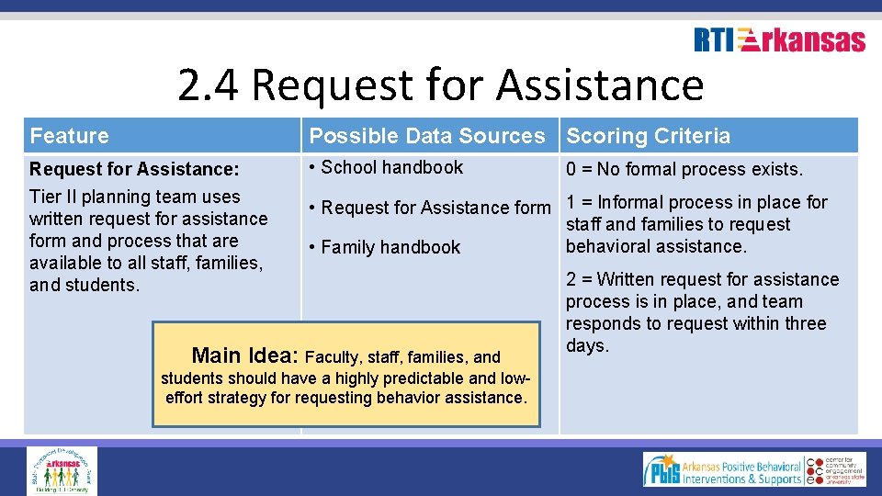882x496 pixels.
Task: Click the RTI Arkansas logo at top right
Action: [779, 40]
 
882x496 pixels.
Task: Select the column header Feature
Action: [69, 136]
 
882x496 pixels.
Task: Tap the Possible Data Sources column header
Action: [427, 136]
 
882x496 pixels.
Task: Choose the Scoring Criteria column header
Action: [649, 136]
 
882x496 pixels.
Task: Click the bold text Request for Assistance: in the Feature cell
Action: [134, 169]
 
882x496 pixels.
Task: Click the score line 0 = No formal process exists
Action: [684, 169]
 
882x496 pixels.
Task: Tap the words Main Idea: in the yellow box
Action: [244, 355]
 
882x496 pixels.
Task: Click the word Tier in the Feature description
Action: [46, 197]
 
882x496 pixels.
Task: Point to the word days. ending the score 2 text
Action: [587, 346]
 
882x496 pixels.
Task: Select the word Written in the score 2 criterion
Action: [629, 279]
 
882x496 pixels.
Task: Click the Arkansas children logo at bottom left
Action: [62, 470]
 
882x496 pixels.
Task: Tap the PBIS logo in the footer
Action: [722, 469]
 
